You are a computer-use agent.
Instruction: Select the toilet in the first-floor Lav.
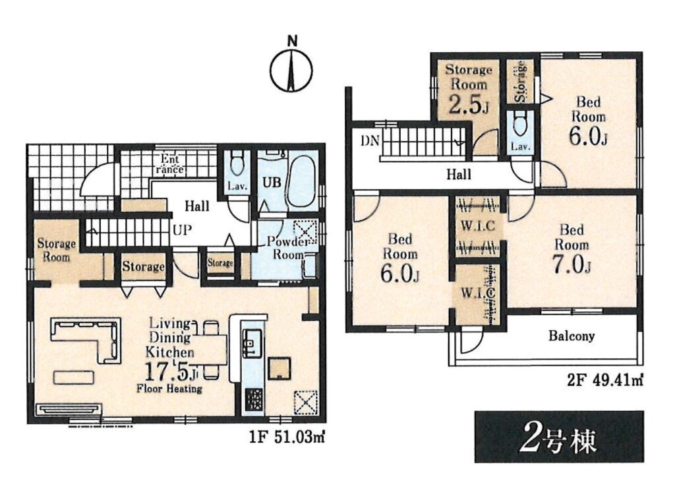pos(237,163)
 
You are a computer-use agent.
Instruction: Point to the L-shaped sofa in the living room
pos(85,340)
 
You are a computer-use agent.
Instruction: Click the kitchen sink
pos(252,342)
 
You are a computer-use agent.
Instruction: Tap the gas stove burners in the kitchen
pos(254,400)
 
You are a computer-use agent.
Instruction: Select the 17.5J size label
pos(171,371)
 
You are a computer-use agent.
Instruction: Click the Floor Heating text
pos(169,388)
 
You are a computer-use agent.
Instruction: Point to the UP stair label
pos(182,230)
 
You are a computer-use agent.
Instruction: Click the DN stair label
pos(370,141)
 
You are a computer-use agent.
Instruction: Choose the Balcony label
pos(572,336)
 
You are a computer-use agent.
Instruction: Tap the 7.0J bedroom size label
pos(572,264)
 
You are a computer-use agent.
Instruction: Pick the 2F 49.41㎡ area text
pos(604,381)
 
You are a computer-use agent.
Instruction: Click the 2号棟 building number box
pos(559,437)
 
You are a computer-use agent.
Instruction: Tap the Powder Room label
pos(287,248)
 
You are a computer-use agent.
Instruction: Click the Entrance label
pos(170,164)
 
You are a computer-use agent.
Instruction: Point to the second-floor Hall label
pos(459,174)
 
